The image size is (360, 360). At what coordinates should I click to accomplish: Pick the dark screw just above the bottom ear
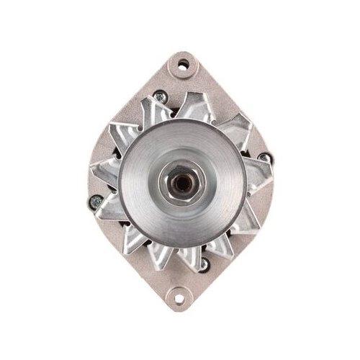(204, 264)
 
